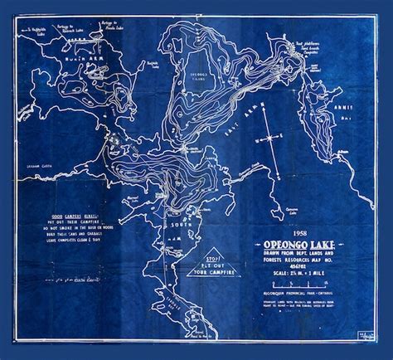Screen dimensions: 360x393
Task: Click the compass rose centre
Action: pos(271,139)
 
